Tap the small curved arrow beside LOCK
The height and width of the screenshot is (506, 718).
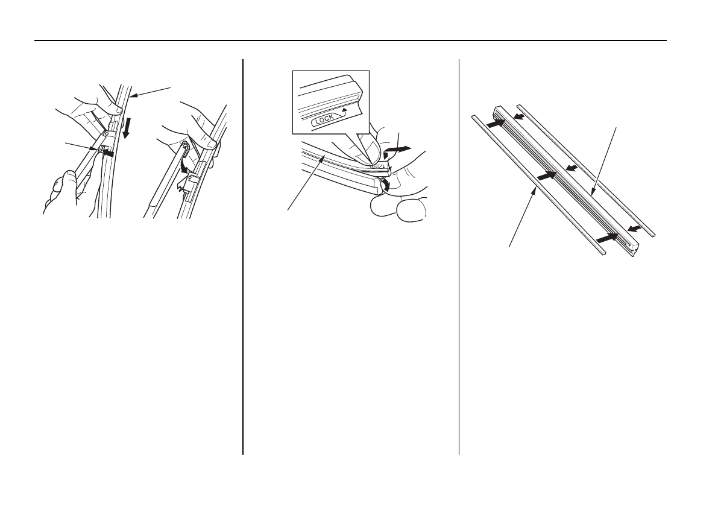(342, 112)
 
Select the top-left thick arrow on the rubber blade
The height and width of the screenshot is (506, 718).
(497, 122)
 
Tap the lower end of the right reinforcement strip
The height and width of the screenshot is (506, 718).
(653, 235)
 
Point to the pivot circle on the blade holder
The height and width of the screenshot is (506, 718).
(106, 134)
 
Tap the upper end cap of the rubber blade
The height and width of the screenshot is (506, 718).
(498, 110)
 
